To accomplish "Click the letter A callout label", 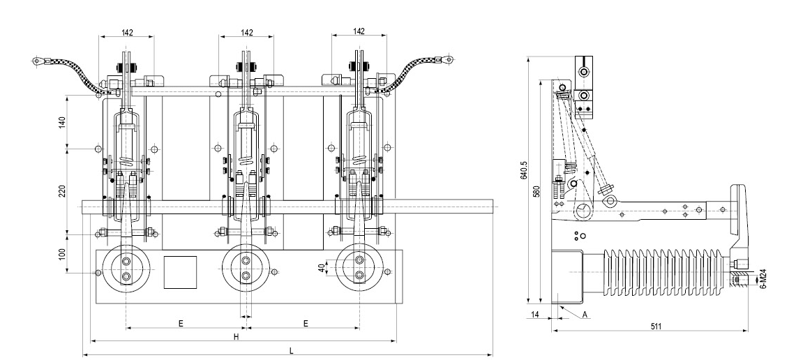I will pos(584,315).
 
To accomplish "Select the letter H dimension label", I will pos(237,336).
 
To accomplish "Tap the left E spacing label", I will pos(181,323).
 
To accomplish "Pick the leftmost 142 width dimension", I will pos(127,31).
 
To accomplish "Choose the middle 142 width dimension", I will pos(246,31).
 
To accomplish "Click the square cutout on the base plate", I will pos(180,272).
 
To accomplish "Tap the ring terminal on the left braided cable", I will pos(38,63).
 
